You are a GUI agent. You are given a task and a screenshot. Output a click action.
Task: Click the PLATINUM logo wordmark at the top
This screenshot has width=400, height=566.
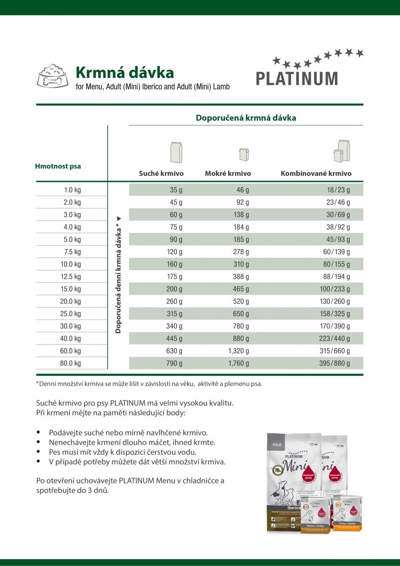coord(297,78)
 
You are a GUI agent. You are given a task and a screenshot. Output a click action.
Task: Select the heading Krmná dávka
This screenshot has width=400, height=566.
coord(125,73)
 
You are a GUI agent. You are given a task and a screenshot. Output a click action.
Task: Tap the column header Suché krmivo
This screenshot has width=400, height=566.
coord(161,174)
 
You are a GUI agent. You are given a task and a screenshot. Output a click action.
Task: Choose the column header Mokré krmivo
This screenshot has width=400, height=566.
coord(228,174)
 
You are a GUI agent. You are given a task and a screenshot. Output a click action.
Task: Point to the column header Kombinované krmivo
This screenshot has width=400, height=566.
coord(316,174)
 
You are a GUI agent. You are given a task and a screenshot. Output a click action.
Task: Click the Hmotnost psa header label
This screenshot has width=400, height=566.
coord(58,166)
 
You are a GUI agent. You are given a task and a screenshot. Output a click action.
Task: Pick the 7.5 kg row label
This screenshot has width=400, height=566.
coord(72,252)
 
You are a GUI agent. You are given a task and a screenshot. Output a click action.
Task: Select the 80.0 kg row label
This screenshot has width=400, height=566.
coord(71,363)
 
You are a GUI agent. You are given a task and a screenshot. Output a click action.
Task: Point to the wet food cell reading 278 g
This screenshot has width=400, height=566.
coord(241,252)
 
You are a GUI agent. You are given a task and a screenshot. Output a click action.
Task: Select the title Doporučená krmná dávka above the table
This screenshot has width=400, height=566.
coord(246,118)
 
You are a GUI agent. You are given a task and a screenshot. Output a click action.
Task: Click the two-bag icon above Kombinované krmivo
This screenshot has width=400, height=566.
coord(342,150)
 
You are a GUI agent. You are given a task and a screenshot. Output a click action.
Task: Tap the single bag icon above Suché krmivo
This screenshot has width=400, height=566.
coord(176,152)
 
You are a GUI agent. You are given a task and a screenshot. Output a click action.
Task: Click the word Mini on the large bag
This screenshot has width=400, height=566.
coord(298,465)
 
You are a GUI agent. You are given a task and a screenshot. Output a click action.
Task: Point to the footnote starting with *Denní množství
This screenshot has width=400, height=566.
coord(149,383)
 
